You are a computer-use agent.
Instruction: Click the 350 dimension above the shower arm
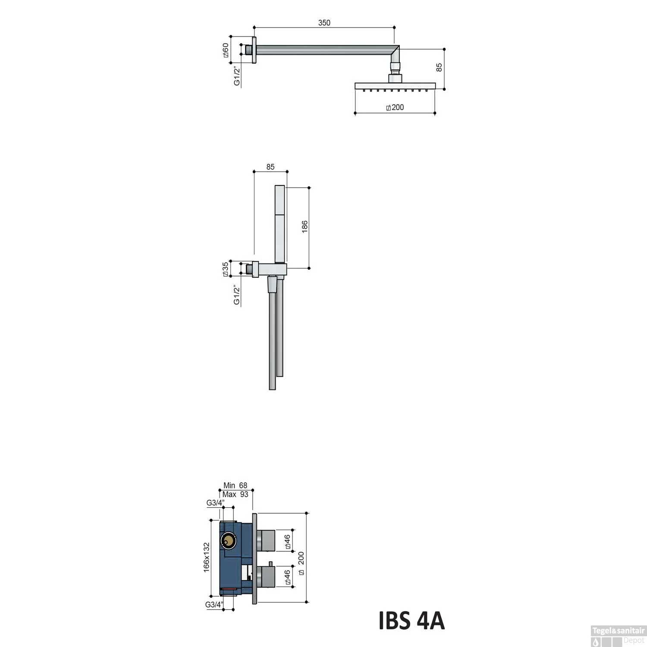(x=324, y=23)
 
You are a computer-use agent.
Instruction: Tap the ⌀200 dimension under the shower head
(x=395, y=107)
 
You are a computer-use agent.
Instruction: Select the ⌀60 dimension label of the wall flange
(x=225, y=50)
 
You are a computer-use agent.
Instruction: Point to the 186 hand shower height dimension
(x=305, y=227)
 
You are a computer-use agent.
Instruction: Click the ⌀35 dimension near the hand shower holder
(x=225, y=269)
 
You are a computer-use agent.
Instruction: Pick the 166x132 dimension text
(x=207, y=557)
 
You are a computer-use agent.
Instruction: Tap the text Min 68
(x=235, y=486)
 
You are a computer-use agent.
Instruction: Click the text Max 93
(x=236, y=494)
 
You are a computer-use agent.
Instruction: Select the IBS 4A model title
(x=411, y=621)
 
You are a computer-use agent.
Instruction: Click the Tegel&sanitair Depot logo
(x=618, y=636)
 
